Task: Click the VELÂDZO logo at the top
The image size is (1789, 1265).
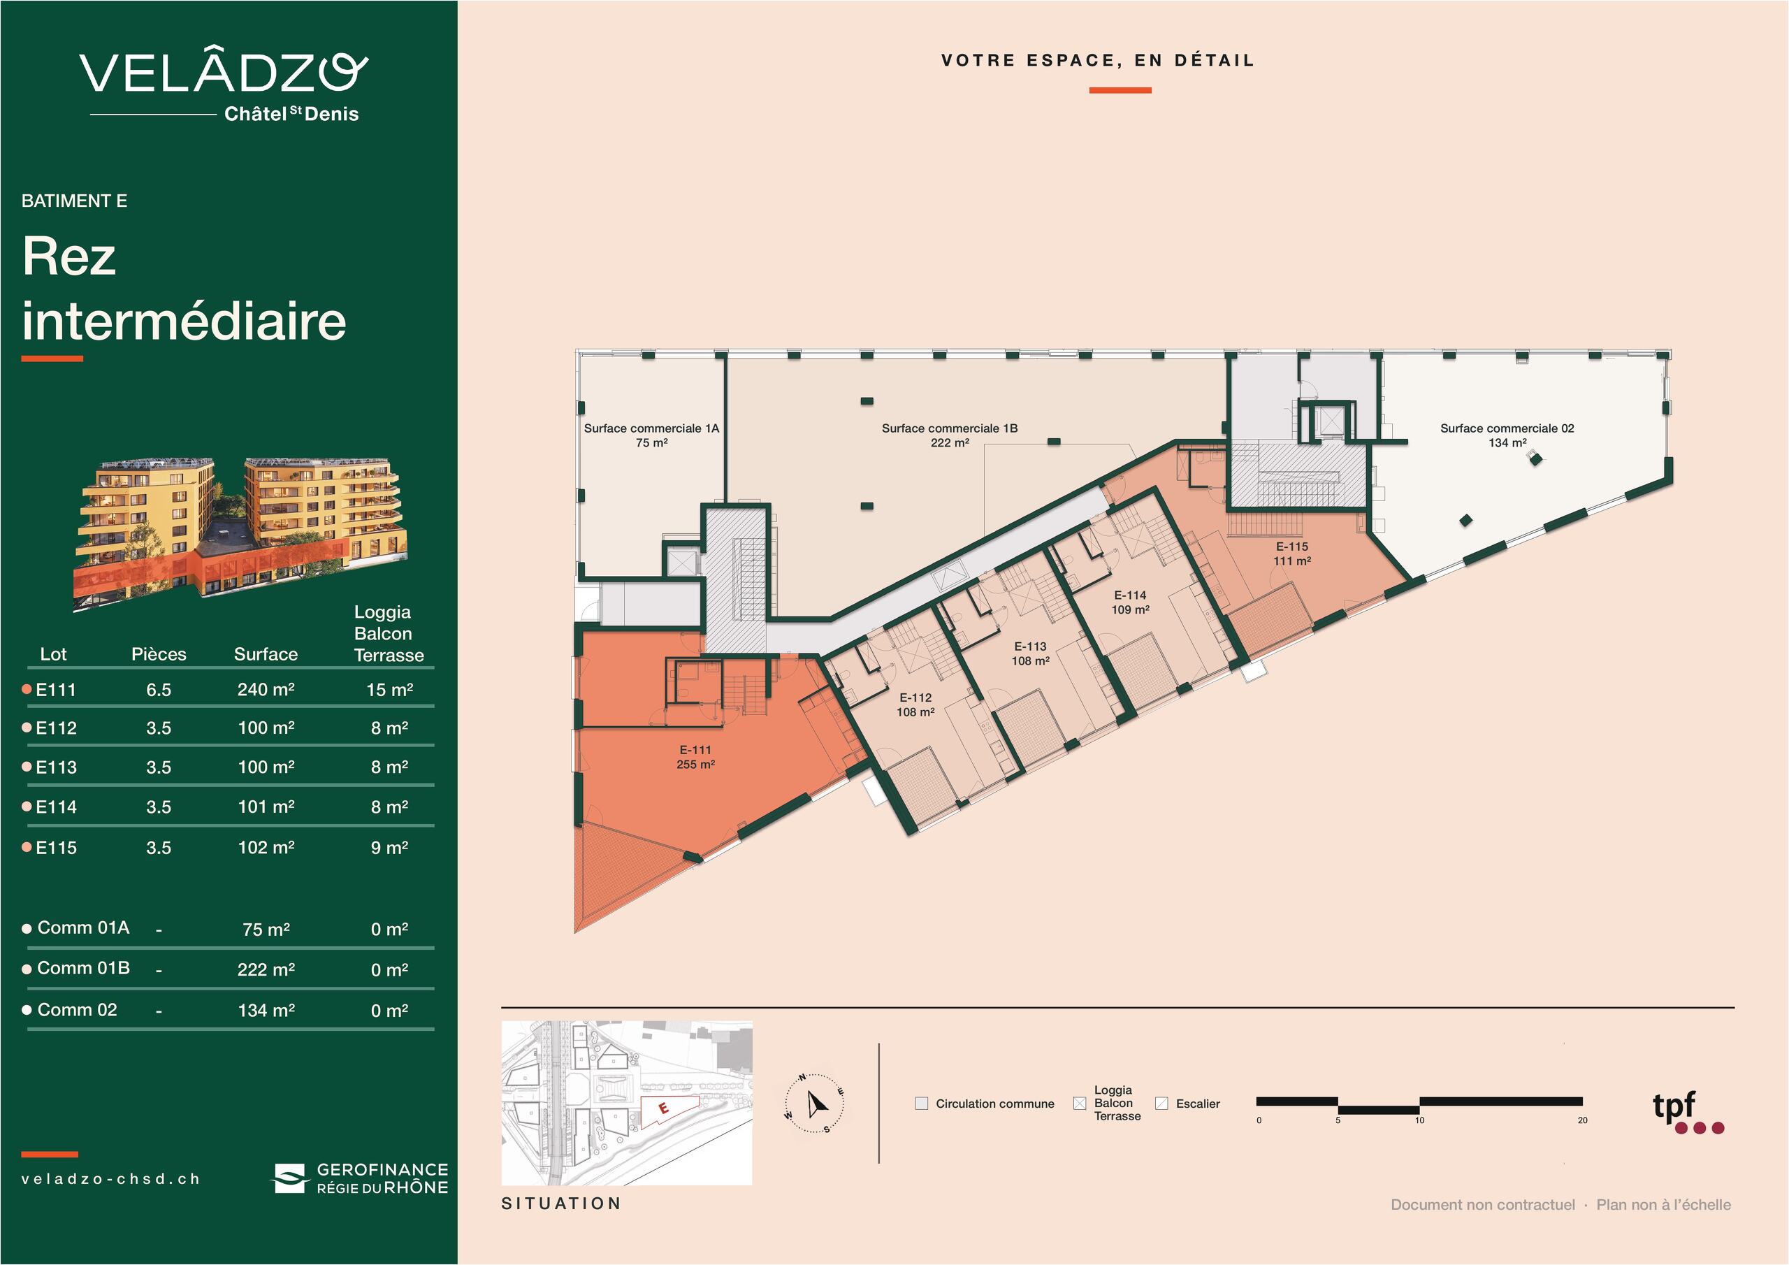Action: coord(224,84)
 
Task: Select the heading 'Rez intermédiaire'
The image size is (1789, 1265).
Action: coord(184,289)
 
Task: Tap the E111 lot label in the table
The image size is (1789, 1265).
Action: coord(56,690)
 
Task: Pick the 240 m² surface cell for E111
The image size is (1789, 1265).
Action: coord(266,689)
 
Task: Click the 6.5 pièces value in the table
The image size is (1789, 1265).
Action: coord(158,690)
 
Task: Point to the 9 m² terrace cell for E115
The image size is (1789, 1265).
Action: coord(389,847)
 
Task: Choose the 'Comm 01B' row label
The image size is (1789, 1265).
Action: coord(83,968)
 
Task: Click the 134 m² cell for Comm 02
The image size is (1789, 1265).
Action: coord(266,1010)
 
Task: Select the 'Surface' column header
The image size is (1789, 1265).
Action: coord(266,654)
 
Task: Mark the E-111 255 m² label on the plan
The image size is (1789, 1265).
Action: coord(696,757)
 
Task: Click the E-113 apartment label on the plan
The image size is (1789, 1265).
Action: coord(1030,653)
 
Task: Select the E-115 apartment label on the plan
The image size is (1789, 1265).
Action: coord(1292,554)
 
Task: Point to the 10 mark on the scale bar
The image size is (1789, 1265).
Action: coord(1419,1120)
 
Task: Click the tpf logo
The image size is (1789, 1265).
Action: coord(1688,1112)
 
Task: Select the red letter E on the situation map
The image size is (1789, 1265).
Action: coord(663,1108)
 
